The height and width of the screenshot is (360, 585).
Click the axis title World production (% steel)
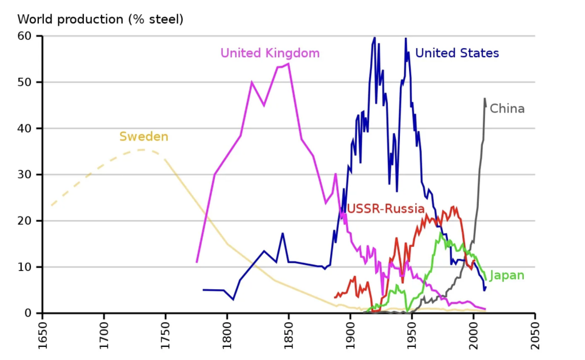(x=100, y=19)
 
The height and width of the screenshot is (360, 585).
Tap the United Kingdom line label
(x=270, y=53)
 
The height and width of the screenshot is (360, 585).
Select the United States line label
(x=457, y=53)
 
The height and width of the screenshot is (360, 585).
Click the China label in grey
(x=507, y=109)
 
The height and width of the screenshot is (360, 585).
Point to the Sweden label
(x=143, y=137)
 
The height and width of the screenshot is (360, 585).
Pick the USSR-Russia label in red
(x=386, y=209)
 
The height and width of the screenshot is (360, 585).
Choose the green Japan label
(x=507, y=275)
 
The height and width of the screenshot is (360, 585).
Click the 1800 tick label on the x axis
(x=227, y=337)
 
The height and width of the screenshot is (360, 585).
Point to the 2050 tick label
(x=535, y=337)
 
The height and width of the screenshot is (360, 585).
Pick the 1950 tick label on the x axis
(x=412, y=337)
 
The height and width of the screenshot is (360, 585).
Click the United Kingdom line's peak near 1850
(x=289, y=63)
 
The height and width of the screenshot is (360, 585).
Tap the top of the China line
(x=484, y=98)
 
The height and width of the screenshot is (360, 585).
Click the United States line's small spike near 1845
(x=282, y=233)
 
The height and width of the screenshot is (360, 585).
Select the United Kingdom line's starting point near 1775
(x=197, y=262)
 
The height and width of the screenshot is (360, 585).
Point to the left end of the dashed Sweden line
(x=51, y=206)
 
